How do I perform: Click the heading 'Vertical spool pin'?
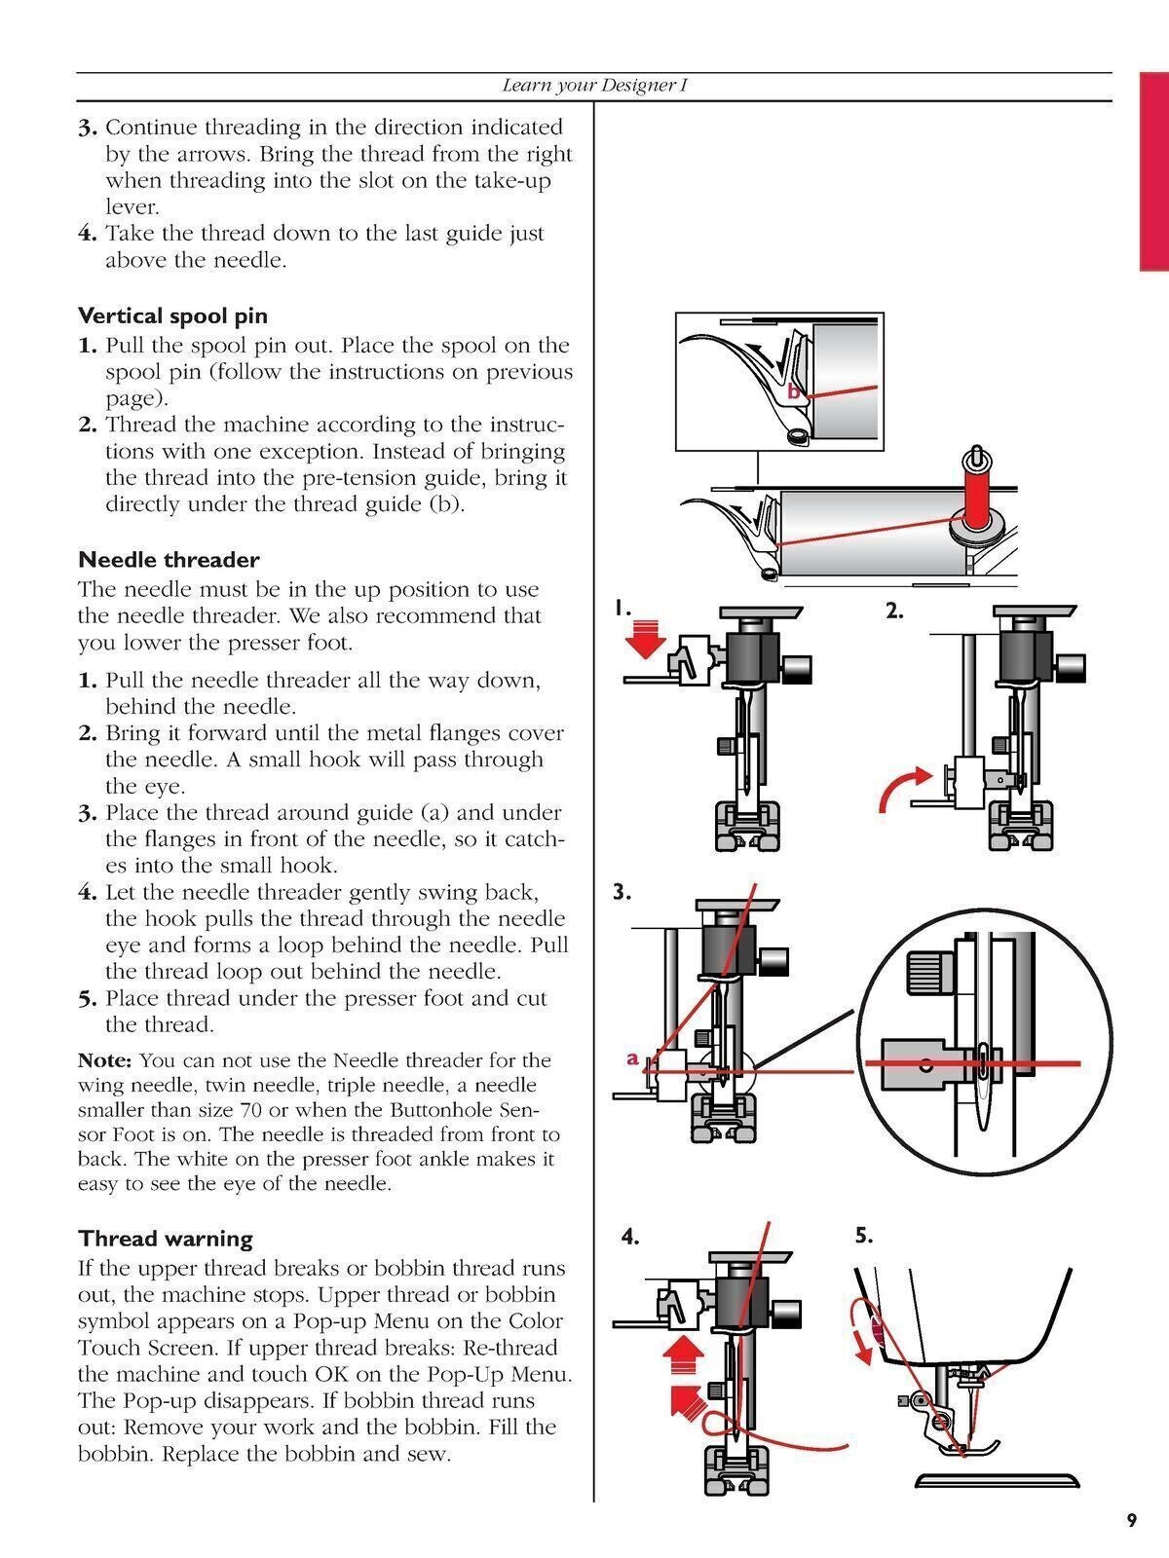[x=172, y=316]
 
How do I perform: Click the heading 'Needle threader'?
[x=169, y=560]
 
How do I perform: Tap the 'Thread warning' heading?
[x=166, y=1239]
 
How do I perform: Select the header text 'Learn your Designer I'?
[x=594, y=86]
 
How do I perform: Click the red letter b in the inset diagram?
[x=793, y=391]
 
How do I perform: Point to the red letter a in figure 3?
[x=632, y=1057]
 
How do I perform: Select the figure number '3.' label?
[x=623, y=892]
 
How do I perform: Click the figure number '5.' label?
[x=864, y=1236]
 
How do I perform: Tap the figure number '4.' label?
[x=630, y=1238]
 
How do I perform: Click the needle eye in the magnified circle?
[x=984, y=1061]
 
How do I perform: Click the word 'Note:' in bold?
[x=107, y=1059]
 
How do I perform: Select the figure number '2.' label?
[x=895, y=612]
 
